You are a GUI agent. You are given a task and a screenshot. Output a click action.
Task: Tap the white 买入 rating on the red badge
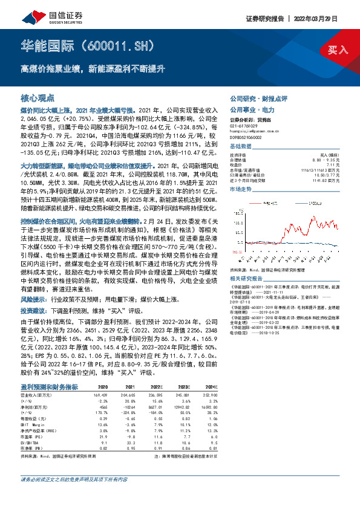coord(336,50)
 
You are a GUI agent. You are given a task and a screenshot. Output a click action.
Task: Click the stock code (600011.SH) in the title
coord(126,46)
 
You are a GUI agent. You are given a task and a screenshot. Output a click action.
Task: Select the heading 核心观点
coord(38,97)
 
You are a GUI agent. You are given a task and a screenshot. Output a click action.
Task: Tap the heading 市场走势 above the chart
coord(241,189)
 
